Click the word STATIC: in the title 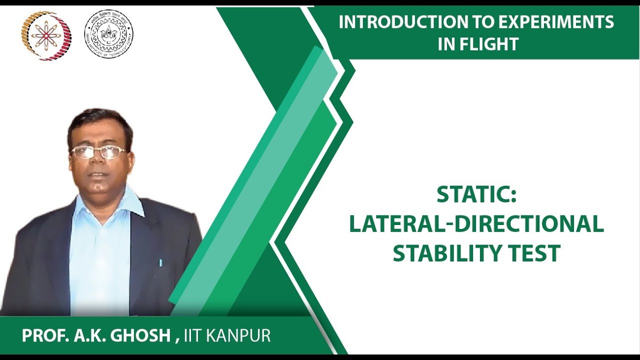pos(476,195)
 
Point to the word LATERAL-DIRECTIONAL pos(476,224)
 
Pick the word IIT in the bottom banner pos(193,335)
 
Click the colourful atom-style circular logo pos(45,35)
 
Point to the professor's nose pos(98,162)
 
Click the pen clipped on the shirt pos(160,262)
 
